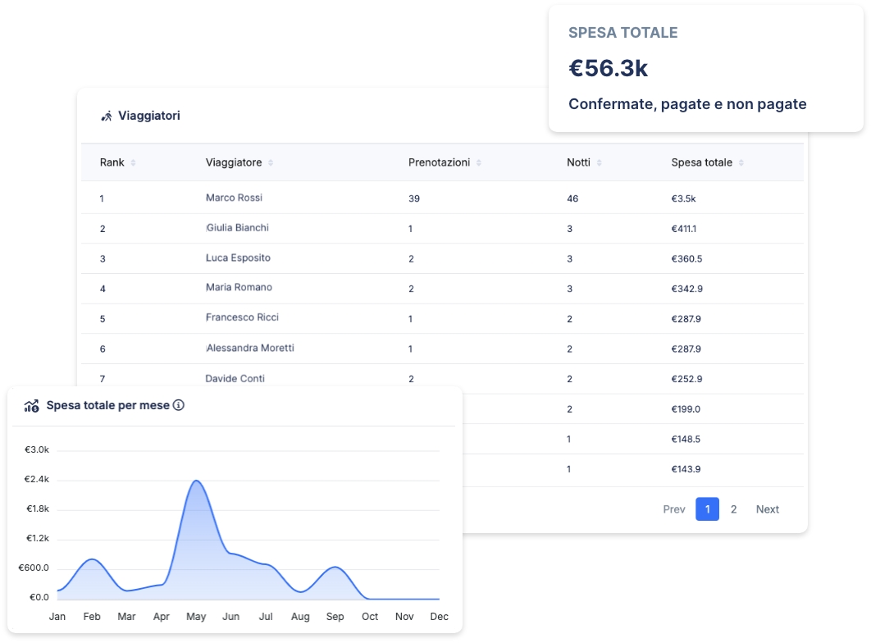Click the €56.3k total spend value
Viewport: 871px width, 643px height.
[608, 69]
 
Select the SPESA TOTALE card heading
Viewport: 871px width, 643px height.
[622, 33]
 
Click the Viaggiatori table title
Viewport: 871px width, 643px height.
[148, 116]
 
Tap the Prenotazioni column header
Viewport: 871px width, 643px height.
[439, 162]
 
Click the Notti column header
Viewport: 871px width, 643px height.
[578, 162]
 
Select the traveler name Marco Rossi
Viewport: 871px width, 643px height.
[234, 198]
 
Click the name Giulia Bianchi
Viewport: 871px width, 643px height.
[237, 227]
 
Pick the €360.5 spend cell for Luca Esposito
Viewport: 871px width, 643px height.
[686, 258]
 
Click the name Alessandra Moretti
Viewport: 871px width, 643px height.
[250, 348]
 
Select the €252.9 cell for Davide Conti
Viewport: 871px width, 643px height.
[686, 379]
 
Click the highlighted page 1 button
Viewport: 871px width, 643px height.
[707, 509]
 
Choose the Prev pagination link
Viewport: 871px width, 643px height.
[673, 509]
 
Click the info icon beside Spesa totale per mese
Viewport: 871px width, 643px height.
[179, 405]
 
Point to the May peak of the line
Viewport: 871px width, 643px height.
[195, 481]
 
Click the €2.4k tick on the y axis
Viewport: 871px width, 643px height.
[37, 479]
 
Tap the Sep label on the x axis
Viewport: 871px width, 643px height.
[335, 616]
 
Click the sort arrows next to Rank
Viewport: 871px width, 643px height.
[133, 163]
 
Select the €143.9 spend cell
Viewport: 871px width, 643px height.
[686, 469]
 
